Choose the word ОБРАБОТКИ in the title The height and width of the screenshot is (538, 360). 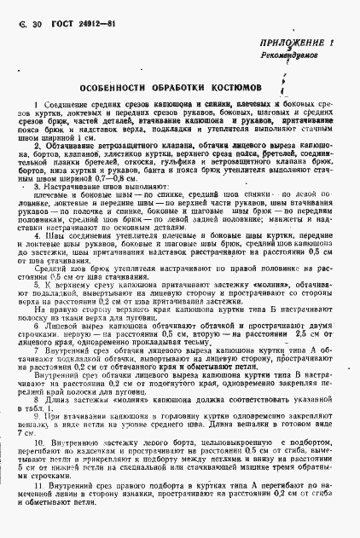(188, 86)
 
